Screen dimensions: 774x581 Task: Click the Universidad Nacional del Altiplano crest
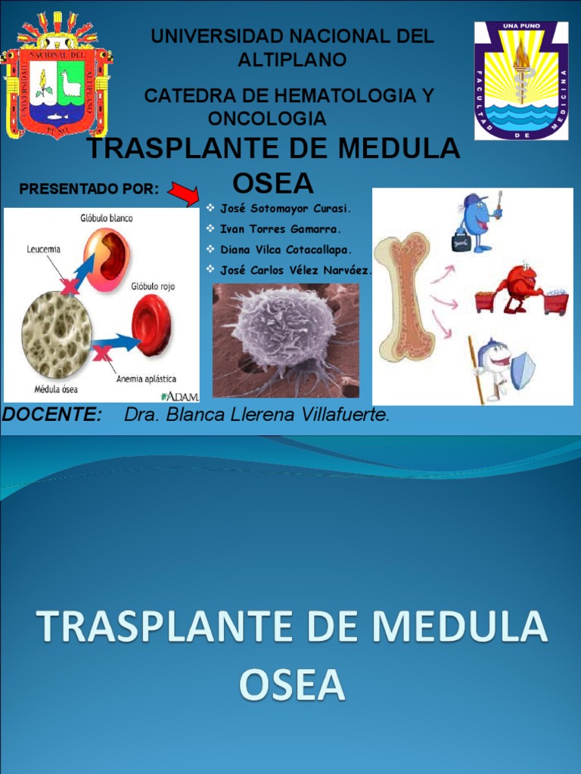[57, 76]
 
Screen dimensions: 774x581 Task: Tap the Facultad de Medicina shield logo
[520, 81]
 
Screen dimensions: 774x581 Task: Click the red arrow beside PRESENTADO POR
[182, 194]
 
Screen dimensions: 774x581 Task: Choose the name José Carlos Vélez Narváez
[296, 270]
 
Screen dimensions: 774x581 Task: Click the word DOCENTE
[52, 415]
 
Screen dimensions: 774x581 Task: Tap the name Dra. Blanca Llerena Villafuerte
[256, 415]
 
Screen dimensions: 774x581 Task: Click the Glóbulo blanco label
[106, 218]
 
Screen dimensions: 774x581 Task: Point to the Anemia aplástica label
[146, 378]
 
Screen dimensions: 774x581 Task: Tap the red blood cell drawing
[151, 326]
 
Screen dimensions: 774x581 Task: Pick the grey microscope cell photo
[286, 340]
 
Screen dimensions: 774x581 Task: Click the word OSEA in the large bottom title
[291, 685]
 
